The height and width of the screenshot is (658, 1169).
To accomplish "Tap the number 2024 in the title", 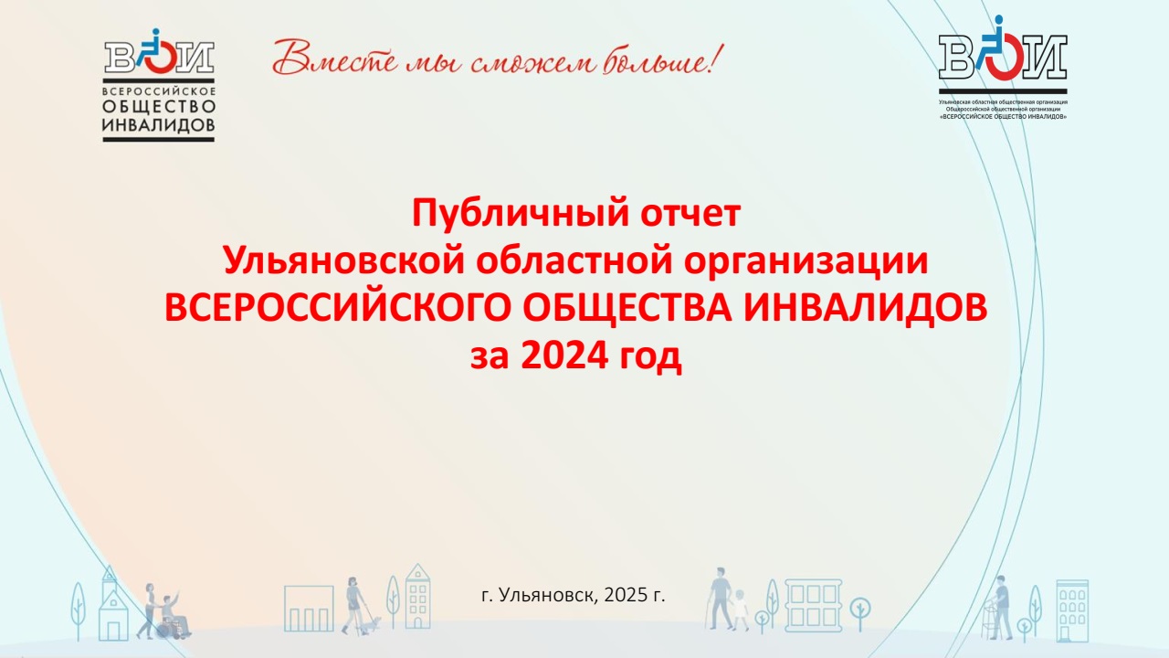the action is pos(565,356).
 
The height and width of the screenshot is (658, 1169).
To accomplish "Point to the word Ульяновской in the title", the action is pos(344,260).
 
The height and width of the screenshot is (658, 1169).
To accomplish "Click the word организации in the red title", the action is pos(806,262).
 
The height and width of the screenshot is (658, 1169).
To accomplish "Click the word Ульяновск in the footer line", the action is pos(547,595).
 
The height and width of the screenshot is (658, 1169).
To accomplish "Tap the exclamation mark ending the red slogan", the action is pos(717,58).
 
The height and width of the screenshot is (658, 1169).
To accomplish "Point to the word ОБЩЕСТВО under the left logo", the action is pos(159,107).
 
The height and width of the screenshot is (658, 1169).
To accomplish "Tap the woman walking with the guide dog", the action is pos(353,605).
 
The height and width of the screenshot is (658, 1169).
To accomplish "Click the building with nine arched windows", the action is pos(1072,610).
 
